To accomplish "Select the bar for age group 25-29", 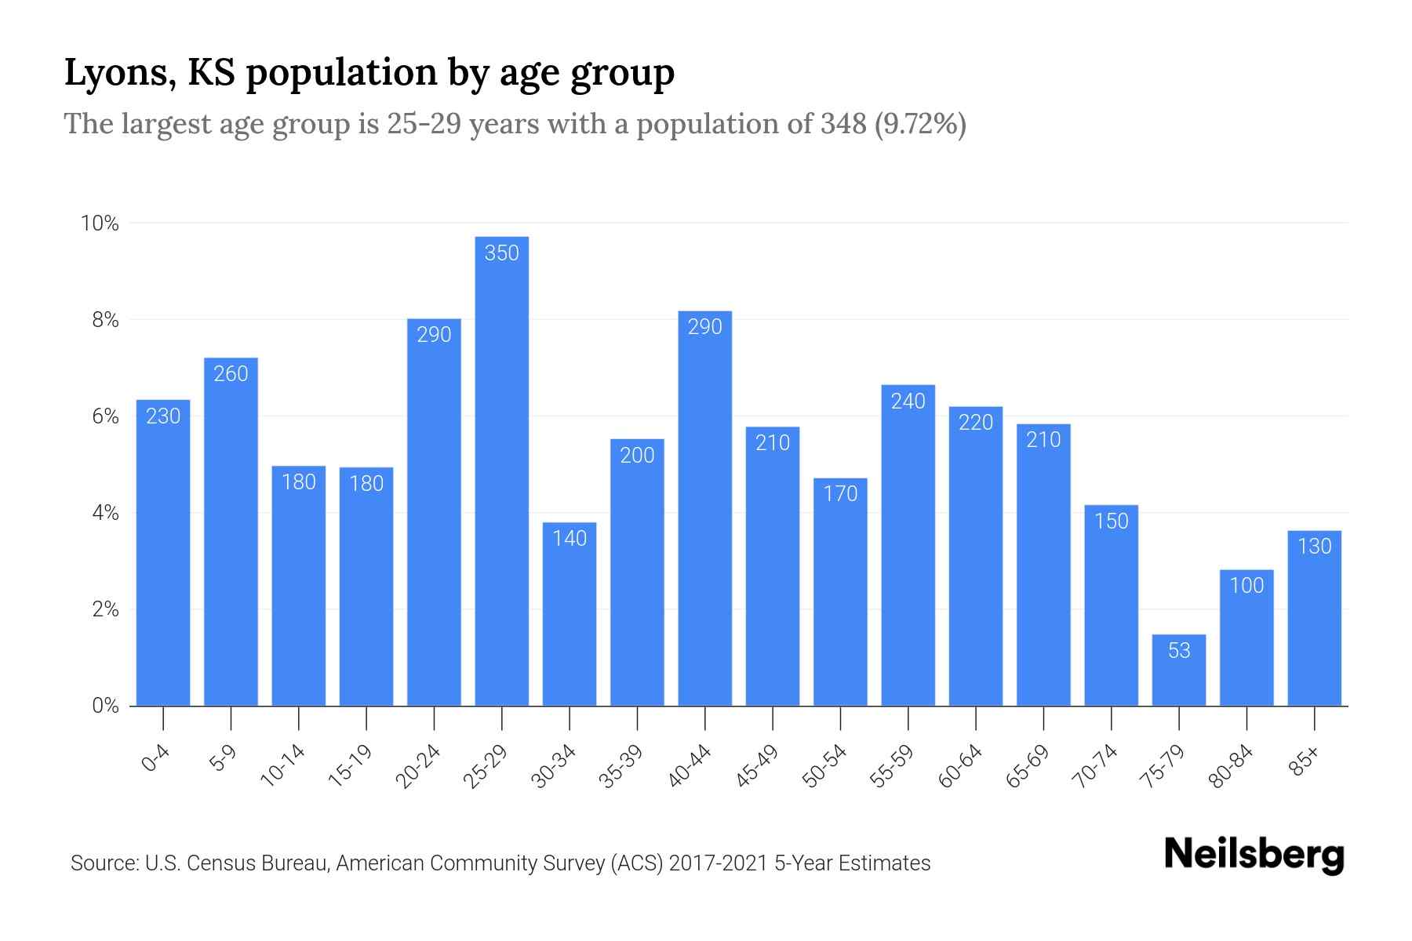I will (502, 470).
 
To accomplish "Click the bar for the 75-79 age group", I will (1179, 670).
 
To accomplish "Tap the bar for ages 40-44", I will (704, 510).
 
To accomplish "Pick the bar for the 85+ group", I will (1314, 619).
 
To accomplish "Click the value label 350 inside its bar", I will (502, 253).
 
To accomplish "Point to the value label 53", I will (1179, 651).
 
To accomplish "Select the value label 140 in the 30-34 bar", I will (570, 539).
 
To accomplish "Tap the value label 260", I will (231, 374).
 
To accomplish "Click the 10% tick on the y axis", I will (100, 224).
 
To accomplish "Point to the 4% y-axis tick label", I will (105, 514).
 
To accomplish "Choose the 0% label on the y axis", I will (105, 707).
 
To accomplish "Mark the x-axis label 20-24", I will (417, 766).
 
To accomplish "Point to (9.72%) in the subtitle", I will (920, 124).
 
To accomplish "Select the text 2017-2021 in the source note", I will (719, 863).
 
